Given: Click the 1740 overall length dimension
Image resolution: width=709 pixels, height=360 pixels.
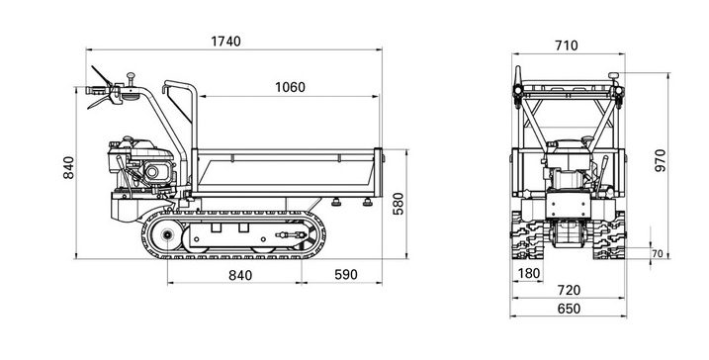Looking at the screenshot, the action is (x=225, y=42).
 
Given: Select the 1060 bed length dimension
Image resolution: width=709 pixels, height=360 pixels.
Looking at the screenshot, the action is (x=290, y=87).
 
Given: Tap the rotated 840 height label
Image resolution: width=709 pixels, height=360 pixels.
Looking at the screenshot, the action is (x=69, y=167).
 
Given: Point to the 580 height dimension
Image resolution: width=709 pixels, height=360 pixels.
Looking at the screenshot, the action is (x=398, y=204).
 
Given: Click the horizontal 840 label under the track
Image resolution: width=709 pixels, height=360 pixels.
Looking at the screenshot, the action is (x=240, y=275).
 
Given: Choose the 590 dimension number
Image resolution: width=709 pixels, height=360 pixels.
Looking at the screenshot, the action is (x=346, y=275).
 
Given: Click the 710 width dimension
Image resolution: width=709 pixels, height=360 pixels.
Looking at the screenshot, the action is (x=567, y=45).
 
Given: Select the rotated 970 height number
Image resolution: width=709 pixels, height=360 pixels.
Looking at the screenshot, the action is (x=661, y=160).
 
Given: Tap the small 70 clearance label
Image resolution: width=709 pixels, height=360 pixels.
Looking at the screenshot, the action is (x=657, y=254).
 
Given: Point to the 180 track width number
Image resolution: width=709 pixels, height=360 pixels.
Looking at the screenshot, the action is (x=529, y=273).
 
